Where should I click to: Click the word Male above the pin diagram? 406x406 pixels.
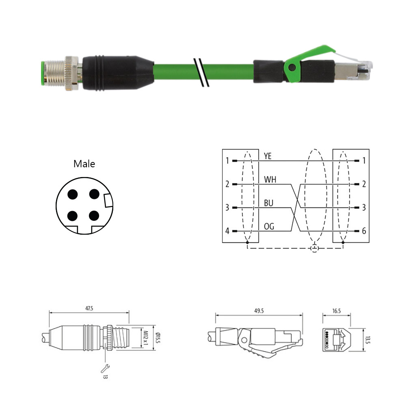click(x=84, y=164)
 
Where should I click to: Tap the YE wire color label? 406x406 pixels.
click(x=268, y=156)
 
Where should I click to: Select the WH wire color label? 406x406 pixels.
click(x=270, y=179)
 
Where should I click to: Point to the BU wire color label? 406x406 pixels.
click(x=268, y=203)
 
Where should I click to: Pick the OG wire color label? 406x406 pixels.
click(x=269, y=227)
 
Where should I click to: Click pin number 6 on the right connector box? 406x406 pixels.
click(x=364, y=231)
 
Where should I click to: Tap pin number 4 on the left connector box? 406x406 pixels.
click(x=227, y=231)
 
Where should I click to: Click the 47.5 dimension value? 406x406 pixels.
click(x=89, y=309)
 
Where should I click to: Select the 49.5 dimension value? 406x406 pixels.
click(x=259, y=311)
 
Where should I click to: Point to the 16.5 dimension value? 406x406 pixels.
click(x=337, y=311)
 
